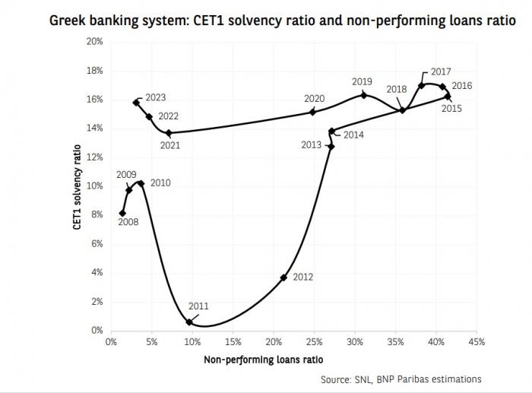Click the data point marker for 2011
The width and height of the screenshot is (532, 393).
click(x=189, y=322)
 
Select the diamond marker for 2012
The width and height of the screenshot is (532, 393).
click(x=283, y=277)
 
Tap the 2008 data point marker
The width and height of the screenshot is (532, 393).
click(x=123, y=213)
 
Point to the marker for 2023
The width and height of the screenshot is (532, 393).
click(x=136, y=102)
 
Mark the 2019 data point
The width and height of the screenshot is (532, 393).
click(x=363, y=95)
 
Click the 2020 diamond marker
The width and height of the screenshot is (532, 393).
click(x=313, y=112)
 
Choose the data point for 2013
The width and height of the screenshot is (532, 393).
click(x=331, y=146)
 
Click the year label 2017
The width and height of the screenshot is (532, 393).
click(x=441, y=72)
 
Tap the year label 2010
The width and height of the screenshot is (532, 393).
click(x=160, y=183)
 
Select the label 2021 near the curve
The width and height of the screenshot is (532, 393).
click(x=170, y=145)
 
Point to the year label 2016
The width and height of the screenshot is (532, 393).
click(x=461, y=86)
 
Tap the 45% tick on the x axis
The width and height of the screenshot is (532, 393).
click(x=476, y=341)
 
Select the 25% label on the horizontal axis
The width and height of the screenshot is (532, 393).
click(x=313, y=341)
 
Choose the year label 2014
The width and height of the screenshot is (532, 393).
click(x=353, y=135)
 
